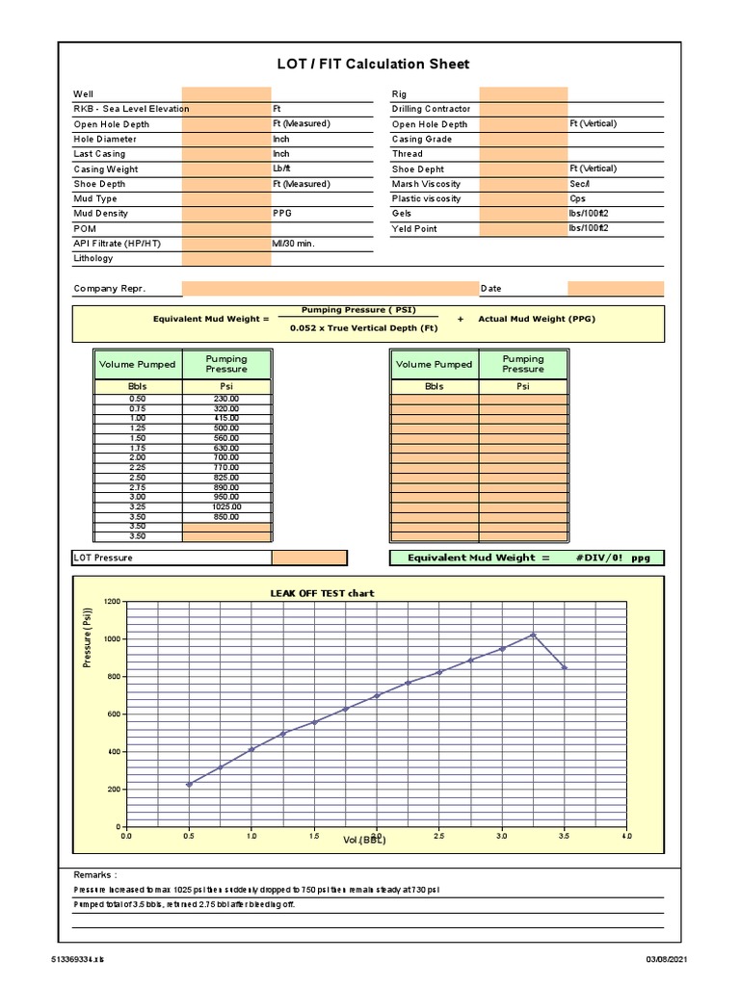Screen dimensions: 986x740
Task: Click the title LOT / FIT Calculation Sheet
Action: [x=373, y=65]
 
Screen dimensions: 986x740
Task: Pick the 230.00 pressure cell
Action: [x=226, y=398]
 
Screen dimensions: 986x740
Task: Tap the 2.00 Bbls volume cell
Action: [x=138, y=457]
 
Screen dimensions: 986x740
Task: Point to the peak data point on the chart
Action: [x=533, y=635]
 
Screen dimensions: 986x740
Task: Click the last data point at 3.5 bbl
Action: [x=565, y=667]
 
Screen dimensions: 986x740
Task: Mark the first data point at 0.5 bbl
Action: [x=189, y=784]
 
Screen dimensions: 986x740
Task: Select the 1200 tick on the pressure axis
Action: [x=112, y=602]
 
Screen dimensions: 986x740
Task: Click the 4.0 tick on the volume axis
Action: [x=626, y=837]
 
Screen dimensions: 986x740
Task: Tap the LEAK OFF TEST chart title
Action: [x=322, y=593]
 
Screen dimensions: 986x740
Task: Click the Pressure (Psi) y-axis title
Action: [x=88, y=637]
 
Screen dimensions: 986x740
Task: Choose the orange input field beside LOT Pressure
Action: [x=308, y=558]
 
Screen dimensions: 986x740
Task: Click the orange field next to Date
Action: [x=615, y=288]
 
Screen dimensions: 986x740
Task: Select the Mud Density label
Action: [x=100, y=214]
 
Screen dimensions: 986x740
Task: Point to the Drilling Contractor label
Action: [x=431, y=109]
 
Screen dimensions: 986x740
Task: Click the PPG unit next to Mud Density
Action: [x=281, y=214]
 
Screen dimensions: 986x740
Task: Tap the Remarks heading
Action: [x=94, y=874]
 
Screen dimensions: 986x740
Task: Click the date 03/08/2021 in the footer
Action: [x=668, y=959]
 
